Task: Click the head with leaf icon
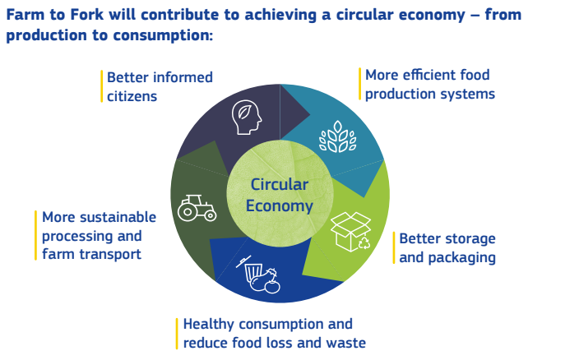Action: [x=247, y=118]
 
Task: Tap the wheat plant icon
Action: [x=337, y=136]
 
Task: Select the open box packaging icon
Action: [x=349, y=231]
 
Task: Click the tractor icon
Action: [x=197, y=208]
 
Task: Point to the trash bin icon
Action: [x=253, y=272]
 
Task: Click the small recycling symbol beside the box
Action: [x=364, y=243]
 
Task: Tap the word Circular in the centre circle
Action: [x=280, y=184]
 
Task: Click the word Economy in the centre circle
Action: [x=280, y=205]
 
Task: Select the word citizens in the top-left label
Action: [x=132, y=97]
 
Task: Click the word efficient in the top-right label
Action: [x=428, y=75]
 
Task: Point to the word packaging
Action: [x=461, y=258]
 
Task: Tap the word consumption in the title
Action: [x=163, y=35]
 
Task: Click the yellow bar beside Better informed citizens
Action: [x=101, y=86]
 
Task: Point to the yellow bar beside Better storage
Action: [x=394, y=247]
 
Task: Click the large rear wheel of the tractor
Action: [x=188, y=212]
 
